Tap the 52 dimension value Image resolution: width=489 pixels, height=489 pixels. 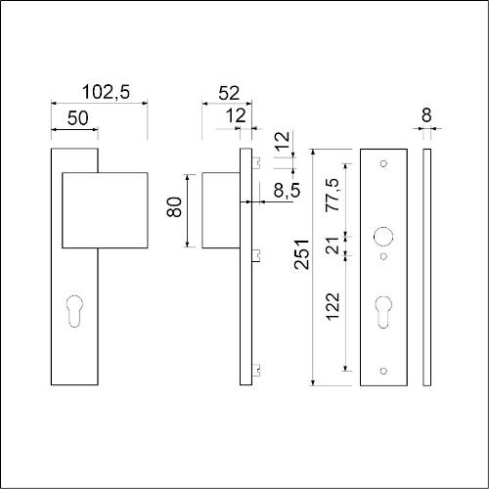coord(228,93)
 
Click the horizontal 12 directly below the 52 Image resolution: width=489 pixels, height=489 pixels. coord(235,116)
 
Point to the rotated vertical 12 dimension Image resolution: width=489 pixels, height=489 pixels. coord(281,142)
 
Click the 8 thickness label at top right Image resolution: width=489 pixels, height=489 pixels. coord(426,115)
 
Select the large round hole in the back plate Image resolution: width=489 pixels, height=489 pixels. coord(383,236)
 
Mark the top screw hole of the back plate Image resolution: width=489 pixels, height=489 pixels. coord(383,162)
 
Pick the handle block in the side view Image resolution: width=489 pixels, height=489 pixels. coord(220,207)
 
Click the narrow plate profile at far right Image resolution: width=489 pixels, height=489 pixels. coord(426,264)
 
